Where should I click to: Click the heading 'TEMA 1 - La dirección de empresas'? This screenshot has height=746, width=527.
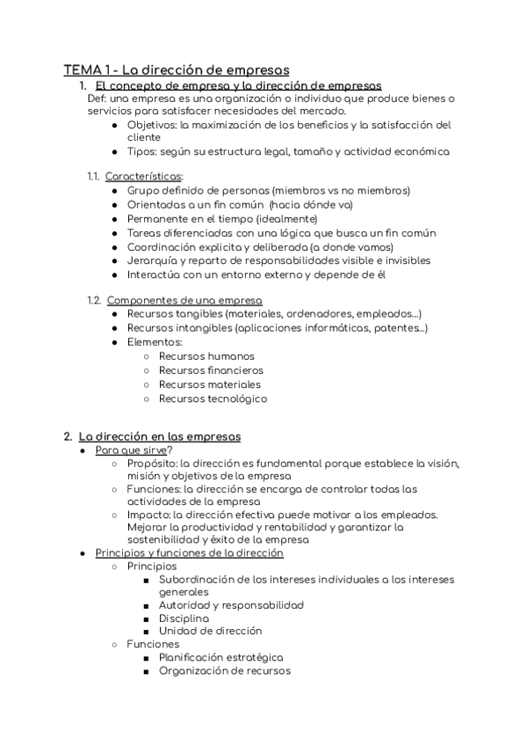(x=177, y=69)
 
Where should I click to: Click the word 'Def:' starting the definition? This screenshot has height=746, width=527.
(x=98, y=99)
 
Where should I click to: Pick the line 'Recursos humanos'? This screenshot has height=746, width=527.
(x=206, y=356)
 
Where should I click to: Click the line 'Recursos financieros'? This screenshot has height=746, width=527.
(x=211, y=370)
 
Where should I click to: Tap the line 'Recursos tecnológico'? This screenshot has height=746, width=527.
(x=213, y=399)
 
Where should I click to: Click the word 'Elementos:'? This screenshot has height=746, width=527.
(x=155, y=341)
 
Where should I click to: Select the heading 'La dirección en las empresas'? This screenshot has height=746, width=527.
(x=160, y=436)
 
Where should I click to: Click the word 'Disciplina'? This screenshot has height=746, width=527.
(x=184, y=618)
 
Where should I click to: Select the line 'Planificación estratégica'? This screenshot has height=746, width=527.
(x=220, y=657)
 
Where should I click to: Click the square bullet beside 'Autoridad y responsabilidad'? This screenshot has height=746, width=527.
(x=144, y=605)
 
